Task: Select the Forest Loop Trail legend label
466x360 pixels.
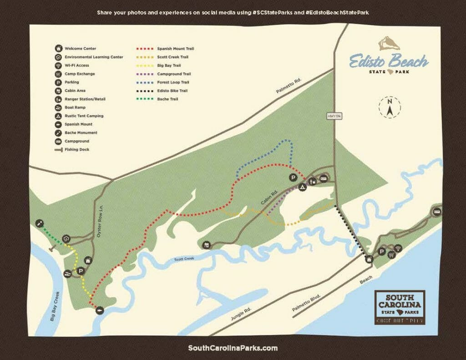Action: click(173, 82)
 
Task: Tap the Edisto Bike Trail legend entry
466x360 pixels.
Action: click(172, 91)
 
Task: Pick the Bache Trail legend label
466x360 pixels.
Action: click(168, 99)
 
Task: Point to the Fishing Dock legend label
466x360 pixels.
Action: click(77, 149)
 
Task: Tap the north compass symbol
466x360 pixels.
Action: click(390, 107)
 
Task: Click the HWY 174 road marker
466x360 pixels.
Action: click(334, 117)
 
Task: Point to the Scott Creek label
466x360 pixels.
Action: click(184, 259)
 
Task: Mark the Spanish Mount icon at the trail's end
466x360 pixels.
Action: click(100, 310)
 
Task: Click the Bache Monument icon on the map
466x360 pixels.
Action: click(40, 223)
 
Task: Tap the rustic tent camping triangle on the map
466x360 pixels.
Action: click(302, 187)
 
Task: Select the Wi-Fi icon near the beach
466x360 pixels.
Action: click(398, 248)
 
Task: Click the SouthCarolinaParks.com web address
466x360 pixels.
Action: click(233, 348)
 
